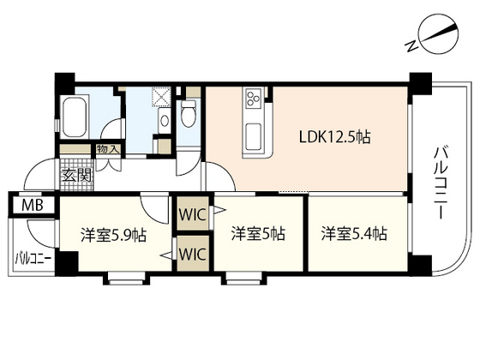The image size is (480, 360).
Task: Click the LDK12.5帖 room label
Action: [x=333, y=136]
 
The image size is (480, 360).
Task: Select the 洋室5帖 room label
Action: [x=257, y=232]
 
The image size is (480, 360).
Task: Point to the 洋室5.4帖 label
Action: [x=354, y=232]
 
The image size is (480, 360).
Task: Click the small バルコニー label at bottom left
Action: [x=32, y=257]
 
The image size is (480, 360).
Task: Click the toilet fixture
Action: [x=189, y=111]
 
